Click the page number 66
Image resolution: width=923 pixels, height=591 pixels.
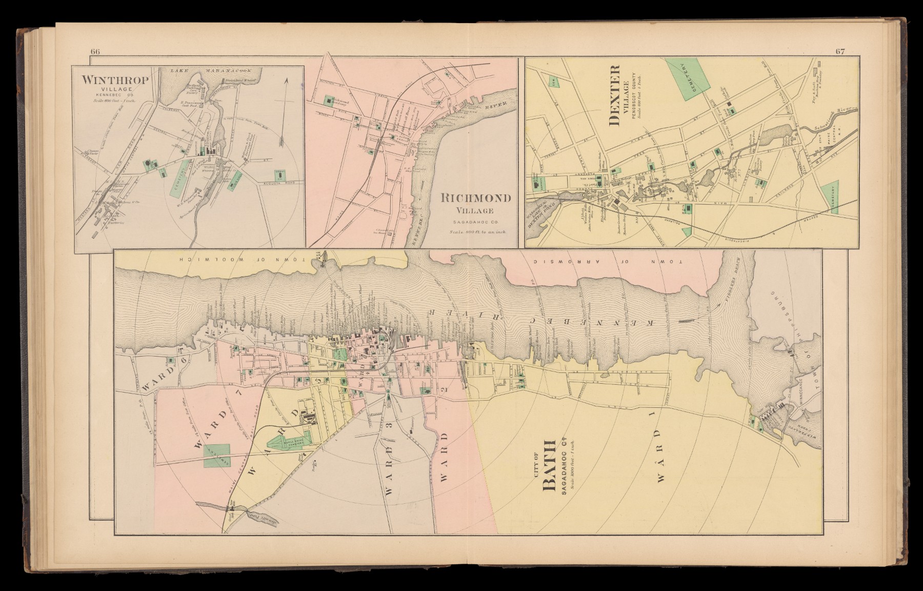click(x=95, y=51)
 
